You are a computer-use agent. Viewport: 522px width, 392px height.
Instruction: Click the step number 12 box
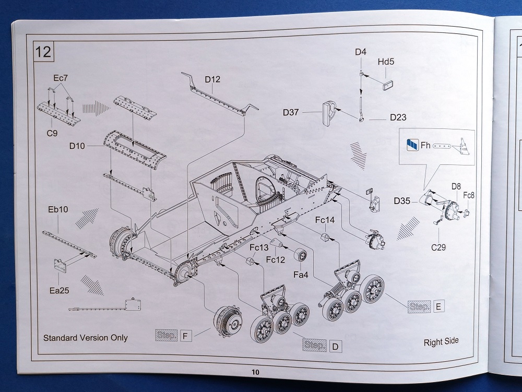(44, 52)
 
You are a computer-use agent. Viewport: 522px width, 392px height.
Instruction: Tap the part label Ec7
(61, 78)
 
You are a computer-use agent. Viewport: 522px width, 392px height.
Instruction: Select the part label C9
(52, 133)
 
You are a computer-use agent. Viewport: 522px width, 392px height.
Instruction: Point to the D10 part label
(77, 146)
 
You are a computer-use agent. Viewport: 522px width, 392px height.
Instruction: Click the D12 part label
(212, 79)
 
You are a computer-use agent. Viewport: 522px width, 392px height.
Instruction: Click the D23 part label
(398, 117)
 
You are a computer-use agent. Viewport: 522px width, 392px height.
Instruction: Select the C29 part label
(438, 247)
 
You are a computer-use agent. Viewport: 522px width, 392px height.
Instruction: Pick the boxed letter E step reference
(438, 306)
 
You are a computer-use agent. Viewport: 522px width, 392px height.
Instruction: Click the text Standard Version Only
(86, 337)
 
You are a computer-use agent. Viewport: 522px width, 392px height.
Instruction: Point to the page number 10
(255, 372)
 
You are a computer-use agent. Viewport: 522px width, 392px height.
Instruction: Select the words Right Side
(441, 341)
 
